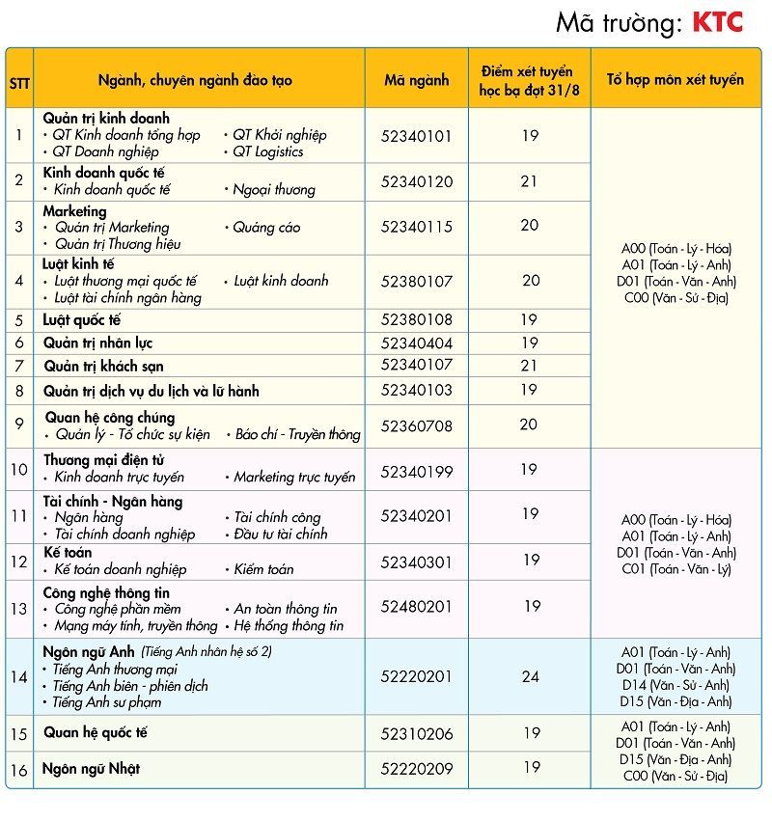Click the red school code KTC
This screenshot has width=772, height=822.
coord(718,22)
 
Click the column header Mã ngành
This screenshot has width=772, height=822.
coord(416,80)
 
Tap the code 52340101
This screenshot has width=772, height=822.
coord(416,136)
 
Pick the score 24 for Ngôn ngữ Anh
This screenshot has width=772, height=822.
coord(530,676)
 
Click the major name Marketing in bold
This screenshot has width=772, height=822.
coord(75,211)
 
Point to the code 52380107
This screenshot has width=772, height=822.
coord(416,281)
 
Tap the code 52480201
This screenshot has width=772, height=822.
coord(416,607)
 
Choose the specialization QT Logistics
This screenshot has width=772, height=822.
coord(267,151)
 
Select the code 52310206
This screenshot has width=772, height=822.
coord(416,733)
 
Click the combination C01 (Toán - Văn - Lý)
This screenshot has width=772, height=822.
coord(675,569)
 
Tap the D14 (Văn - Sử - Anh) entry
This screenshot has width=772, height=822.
coord(675,685)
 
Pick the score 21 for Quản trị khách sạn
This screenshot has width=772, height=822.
coord(529,366)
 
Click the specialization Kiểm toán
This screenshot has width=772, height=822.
coord(263,569)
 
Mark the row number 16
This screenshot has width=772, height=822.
coord(19,770)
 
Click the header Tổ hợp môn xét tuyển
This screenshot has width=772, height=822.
coord(675,80)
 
